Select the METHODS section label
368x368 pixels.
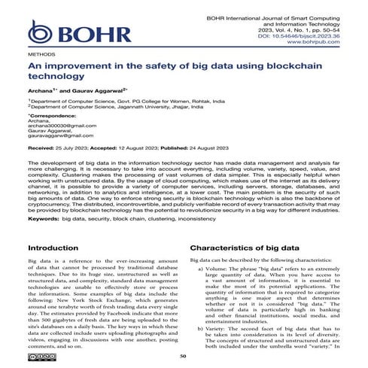(x=41, y=56)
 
